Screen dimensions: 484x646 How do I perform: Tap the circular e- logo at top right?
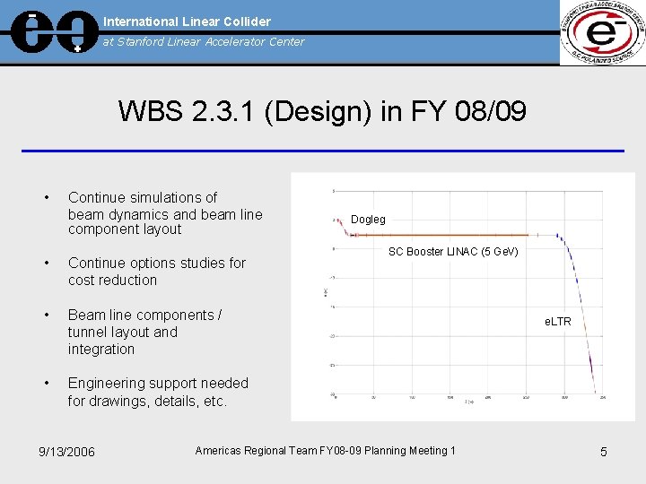601,32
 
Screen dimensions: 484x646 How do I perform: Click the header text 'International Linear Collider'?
187,21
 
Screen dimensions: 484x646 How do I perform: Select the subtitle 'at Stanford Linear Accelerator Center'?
204,41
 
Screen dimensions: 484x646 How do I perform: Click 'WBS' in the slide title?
151,113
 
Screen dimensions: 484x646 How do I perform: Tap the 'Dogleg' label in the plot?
368,220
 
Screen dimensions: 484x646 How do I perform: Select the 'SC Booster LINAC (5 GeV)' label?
453,252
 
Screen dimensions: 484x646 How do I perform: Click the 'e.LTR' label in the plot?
557,321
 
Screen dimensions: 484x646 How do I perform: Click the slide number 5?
603,452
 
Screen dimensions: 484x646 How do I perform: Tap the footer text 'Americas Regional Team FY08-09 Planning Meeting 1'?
325,451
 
